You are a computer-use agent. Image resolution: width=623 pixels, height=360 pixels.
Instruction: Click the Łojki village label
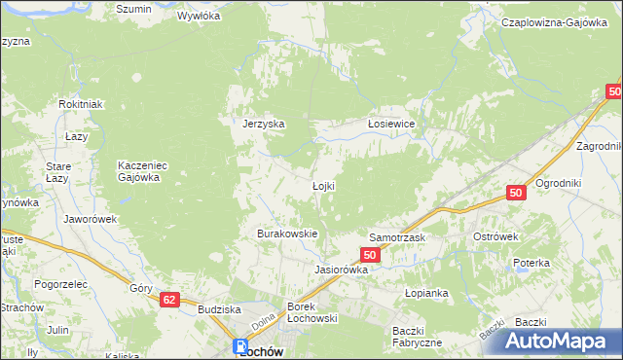point(324,186)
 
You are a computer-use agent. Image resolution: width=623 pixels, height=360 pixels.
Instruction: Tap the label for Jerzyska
point(263,124)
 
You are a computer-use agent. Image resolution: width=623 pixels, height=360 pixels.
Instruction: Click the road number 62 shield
point(170,302)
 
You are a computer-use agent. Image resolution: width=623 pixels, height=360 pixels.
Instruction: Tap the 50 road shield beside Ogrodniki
point(516,195)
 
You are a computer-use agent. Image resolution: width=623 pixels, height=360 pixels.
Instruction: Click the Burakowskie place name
point(287,234)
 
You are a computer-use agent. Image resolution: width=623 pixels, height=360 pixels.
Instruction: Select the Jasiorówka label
point(341,270)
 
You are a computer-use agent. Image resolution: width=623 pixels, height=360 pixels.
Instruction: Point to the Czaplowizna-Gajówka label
point(556,21)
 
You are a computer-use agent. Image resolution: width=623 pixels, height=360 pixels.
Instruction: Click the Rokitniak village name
point(80,105)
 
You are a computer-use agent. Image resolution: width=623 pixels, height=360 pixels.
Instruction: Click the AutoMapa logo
point(561,342)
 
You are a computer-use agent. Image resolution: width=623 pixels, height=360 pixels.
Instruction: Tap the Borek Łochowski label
point(311,312)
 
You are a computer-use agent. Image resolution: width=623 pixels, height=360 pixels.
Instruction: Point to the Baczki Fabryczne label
point(417,336)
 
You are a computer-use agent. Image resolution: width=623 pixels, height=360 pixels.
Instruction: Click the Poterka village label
point(531,264)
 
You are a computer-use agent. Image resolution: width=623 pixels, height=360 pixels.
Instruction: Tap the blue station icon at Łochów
point(240,347)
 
